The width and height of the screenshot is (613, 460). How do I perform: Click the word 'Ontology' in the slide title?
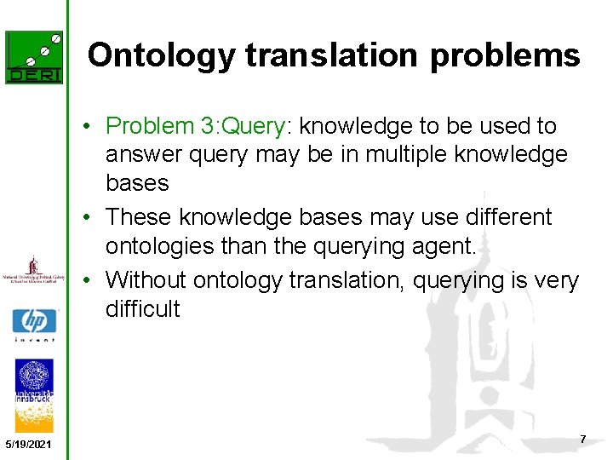[162, 56]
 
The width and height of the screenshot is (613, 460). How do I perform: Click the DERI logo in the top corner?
[34, 57]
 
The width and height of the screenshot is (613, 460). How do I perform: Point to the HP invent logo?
[34, 325]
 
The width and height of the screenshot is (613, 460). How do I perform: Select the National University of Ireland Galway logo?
[34, 270]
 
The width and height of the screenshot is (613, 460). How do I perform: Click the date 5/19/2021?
[28, 446]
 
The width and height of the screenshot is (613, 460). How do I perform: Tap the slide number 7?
[582, 439]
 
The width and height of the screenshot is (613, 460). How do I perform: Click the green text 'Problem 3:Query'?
[196, 126]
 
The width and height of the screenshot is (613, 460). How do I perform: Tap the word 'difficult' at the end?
[142, 308]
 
